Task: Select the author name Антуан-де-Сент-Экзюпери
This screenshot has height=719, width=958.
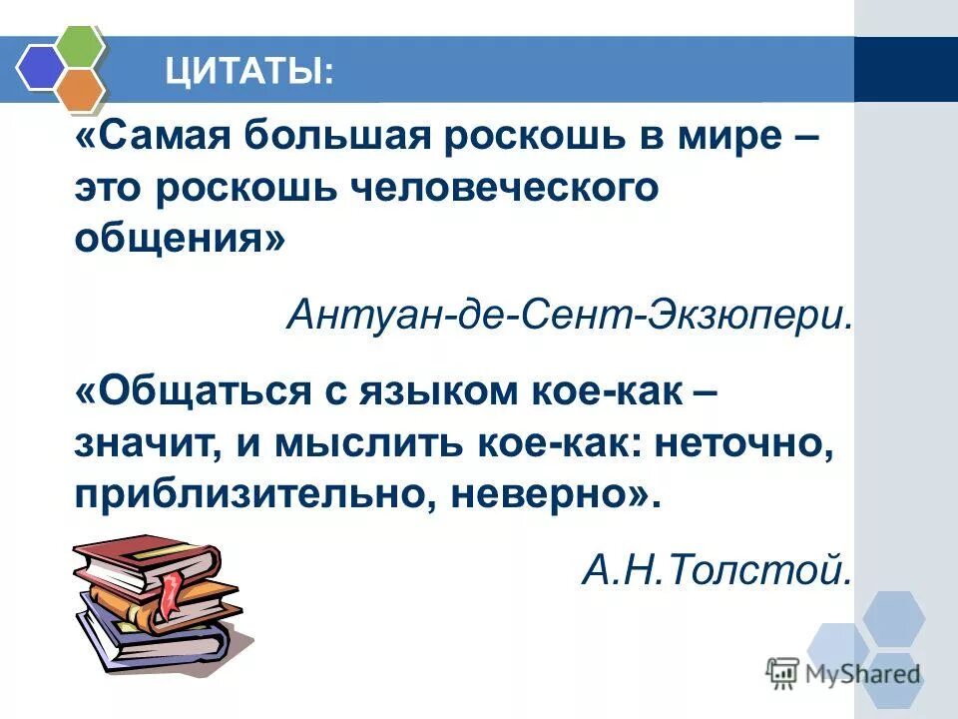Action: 569,316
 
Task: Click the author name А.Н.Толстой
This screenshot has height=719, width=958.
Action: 717,570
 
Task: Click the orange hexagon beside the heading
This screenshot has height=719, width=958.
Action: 79,90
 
